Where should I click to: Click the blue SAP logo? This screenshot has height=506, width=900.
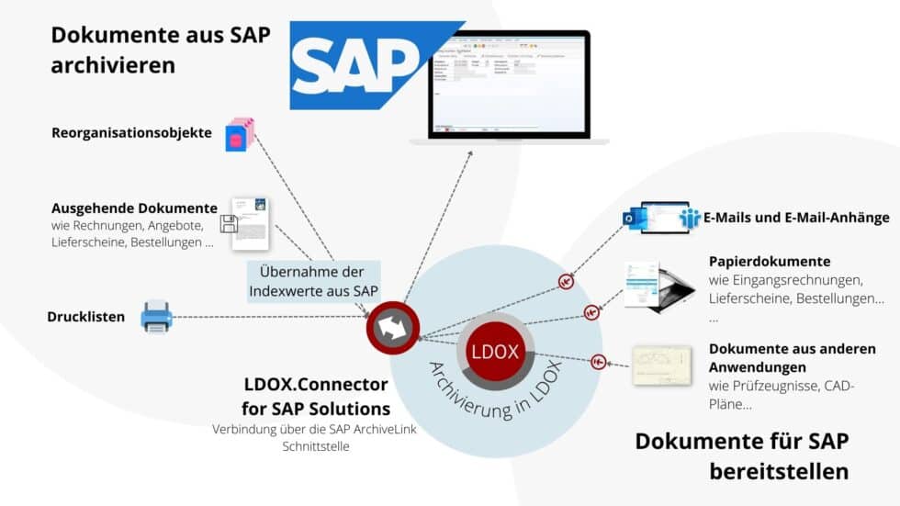[363, 65]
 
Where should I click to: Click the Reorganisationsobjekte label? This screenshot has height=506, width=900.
[131, 133]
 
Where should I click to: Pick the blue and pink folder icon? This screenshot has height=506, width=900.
[240, 135]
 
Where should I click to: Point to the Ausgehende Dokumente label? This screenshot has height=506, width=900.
[134, 208]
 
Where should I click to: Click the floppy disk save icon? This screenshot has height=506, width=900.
[229, 224]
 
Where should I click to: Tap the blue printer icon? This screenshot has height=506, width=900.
[156, 318]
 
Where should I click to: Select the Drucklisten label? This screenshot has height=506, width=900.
[85, 318]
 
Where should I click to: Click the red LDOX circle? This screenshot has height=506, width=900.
[495, 352]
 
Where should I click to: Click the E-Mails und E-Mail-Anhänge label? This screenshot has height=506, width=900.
[796, 218]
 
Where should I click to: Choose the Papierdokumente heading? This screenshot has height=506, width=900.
[769, 261]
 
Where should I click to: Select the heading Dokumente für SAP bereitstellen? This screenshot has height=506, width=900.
[742, 455]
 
